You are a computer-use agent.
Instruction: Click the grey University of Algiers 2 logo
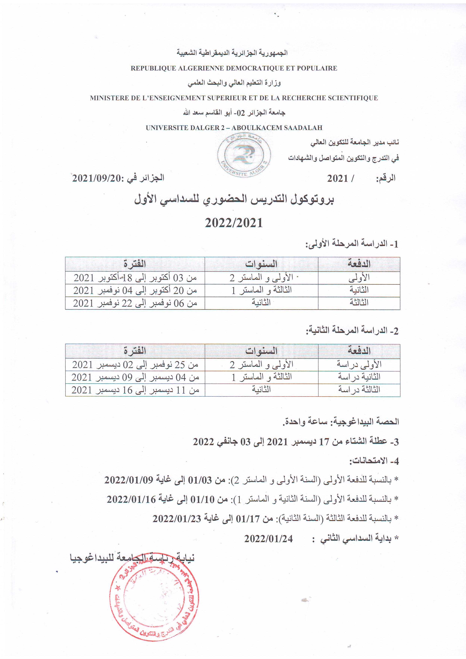(244, 155)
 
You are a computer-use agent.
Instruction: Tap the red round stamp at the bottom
(154, 600)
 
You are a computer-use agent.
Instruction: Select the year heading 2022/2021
(234, 223)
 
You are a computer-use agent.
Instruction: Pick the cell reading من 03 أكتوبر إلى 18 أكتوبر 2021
(135, 278)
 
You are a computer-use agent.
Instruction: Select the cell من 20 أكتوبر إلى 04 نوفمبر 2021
(135, 290)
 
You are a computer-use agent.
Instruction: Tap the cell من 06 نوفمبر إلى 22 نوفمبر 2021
(135, 303)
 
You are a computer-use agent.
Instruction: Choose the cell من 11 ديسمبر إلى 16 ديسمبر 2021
(135, 390)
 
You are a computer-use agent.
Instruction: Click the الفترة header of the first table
(135, 264)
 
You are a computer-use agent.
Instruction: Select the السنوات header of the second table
(261, 351)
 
